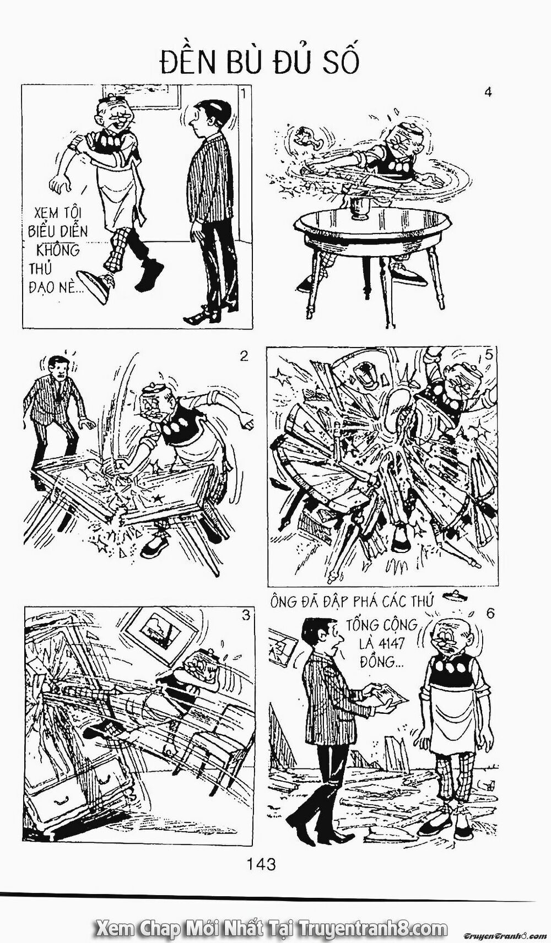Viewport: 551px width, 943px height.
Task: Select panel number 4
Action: pos(487,92)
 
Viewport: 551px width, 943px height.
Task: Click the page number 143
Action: pos(262,864)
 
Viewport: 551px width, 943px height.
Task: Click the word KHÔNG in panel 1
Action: pos(58,250)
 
